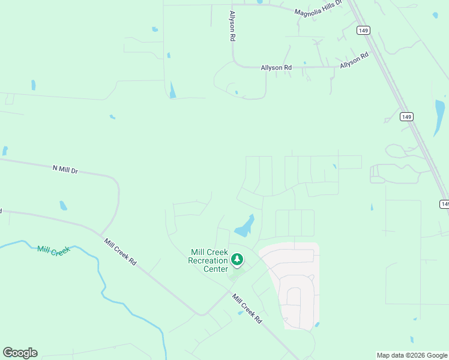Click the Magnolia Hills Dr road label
[318, 8]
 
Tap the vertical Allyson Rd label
[232, 26]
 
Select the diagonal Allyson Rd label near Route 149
[354, 61]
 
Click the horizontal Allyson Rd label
[276, 68]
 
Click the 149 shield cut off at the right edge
[444, 204]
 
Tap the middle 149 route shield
[406, 118]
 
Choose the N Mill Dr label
[65, 170]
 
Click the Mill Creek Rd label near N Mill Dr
[120, 253]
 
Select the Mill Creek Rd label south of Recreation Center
[247, 308]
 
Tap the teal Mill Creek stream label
[53, 250]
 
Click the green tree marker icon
[238, 260]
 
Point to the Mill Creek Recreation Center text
[208, 260]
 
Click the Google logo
[20, 353]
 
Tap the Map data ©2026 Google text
[412, 355]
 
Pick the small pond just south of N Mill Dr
[63, 206]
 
